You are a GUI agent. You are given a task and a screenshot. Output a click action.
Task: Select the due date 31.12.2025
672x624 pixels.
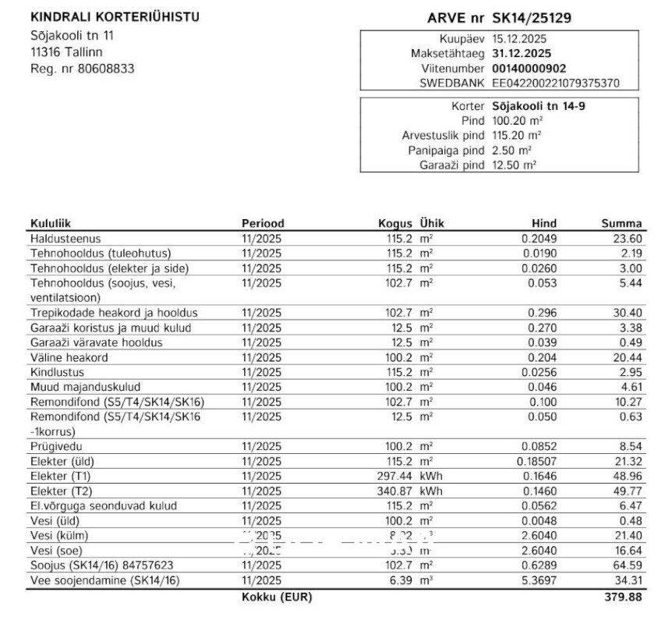[x=522, y=54]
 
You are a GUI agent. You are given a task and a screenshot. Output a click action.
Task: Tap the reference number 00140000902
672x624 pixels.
[x=529, y=69]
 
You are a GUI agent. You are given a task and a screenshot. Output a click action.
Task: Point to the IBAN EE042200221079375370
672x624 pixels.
[x=555, y=83]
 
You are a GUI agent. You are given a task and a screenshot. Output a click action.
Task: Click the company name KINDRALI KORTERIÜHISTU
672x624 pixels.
[x=114, y=17]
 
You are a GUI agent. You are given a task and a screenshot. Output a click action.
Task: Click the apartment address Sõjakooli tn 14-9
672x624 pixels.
[x=539, y=106]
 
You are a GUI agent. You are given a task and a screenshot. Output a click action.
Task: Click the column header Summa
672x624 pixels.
[x=622, y=224]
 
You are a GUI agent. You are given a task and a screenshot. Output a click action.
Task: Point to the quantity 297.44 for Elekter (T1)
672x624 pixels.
[x=394, y=476]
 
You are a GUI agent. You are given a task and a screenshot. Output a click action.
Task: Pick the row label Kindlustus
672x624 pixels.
[x=57, y=372]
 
